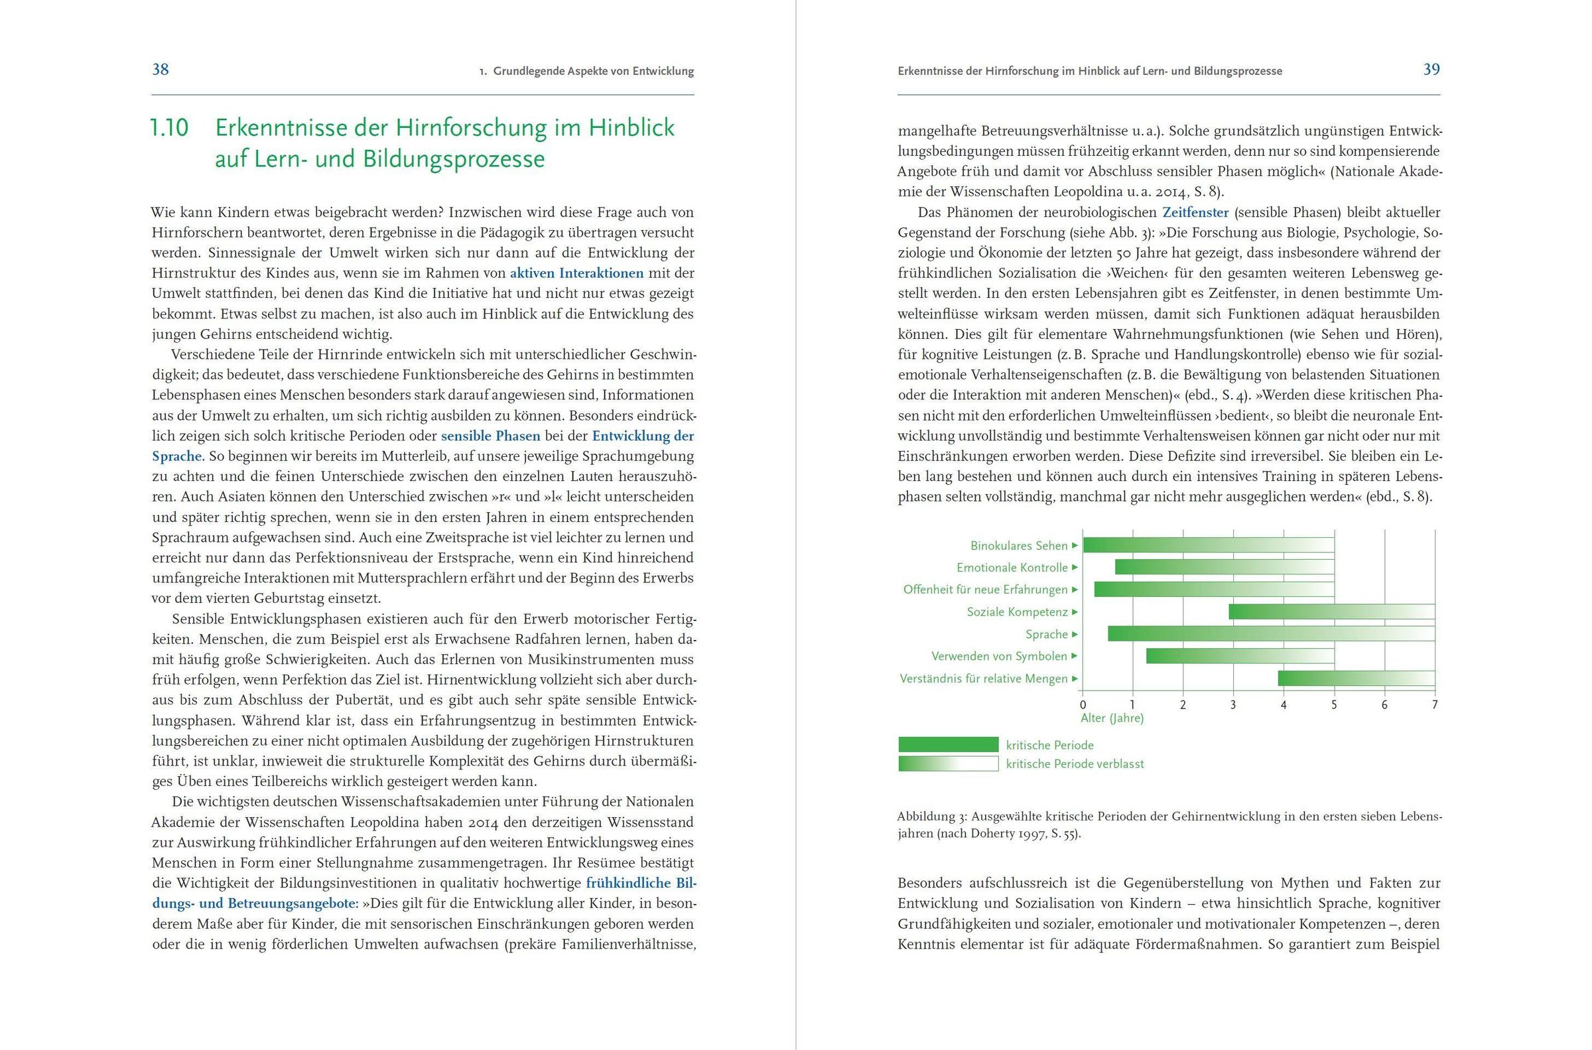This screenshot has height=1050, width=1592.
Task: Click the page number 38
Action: pyautogui.click(x=161, y=70)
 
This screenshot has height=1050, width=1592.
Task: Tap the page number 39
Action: pyautogui.click(x=1431, y=70)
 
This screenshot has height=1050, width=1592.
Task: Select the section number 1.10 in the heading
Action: pyautogui.click(x=169, y=128)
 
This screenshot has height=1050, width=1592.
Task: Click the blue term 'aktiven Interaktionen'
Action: pyautogui.click(x=576, y=273)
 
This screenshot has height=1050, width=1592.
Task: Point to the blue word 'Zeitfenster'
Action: pyautogui.click(x=1195, y=213)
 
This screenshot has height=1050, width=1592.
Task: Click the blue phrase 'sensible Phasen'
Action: pyautogui.click(x=490, y=436)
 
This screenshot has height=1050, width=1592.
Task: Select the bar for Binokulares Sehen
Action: pyautogui.click(x=1209, y=545)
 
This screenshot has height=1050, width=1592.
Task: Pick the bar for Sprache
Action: pyautogui.click(x=1271, y=633)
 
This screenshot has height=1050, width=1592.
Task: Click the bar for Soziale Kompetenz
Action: pyautogui.click(x=1331, y=612)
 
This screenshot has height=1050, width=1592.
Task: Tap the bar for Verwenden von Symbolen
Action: pyautogui.click(x=1240, y=655)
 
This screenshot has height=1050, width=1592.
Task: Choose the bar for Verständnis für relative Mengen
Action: pyautogui.click(x=1356, y=679)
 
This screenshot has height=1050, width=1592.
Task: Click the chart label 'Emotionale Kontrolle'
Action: pyautogui.click(x=1012, y=568)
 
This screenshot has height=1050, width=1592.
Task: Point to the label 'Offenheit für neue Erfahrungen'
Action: pyautogui.click(x=985, y=590)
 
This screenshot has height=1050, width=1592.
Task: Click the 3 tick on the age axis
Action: pyautogui.click(x=1233, y=705)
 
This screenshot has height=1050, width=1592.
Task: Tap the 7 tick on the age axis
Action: pyautogui.click(x=1435, y=705)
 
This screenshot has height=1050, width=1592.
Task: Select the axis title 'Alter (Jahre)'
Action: pyautogui.click(x=1112, y=718)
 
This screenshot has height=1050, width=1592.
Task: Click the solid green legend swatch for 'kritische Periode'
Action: pyautogui.click(x=948, y=745)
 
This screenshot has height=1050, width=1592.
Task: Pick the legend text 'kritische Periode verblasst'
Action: pyautogui.click(x=1075, y=763)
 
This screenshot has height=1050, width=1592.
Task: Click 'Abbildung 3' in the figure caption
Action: pyautogui.click(x=932, y=817)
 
